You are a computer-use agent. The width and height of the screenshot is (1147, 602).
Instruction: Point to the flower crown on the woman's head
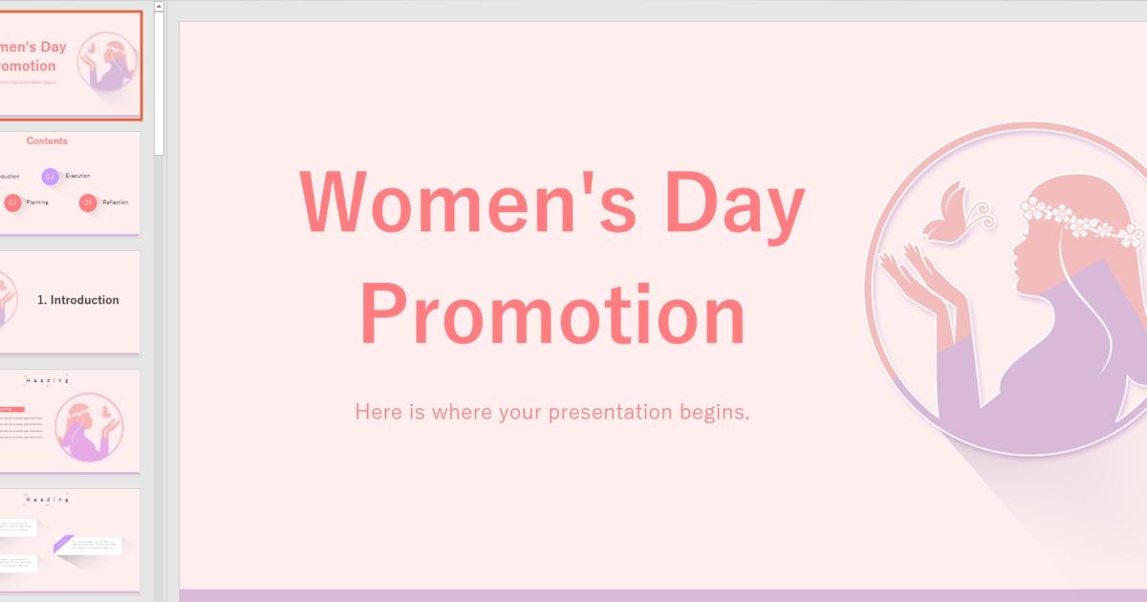[x=1080, y=220]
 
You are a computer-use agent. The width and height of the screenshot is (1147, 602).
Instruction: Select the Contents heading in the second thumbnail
[x=47, y=141]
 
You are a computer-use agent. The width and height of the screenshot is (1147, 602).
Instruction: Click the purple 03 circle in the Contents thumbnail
[x=51, y=177]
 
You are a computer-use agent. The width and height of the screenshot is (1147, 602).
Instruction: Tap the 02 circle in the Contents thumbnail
[x=13, y=203]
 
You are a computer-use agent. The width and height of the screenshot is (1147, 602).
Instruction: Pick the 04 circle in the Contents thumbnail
[x=88, y=203]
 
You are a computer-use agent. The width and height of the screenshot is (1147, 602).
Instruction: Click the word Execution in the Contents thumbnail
[x=78, y=177]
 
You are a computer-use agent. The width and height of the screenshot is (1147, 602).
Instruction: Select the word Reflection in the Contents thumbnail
[x=115, y=203]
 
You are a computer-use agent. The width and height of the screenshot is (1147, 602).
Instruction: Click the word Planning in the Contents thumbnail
[x=37, y=203]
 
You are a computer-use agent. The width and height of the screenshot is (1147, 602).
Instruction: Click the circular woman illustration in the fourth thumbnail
[x=89, y=427]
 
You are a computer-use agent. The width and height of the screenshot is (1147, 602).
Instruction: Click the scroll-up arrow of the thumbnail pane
[x=159, y=6]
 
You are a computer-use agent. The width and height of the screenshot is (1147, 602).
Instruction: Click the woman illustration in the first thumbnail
[x=107, y=62]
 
